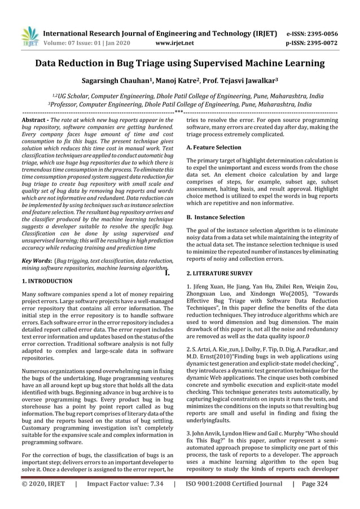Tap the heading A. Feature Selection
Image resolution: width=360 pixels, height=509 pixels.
[x=214, y=147]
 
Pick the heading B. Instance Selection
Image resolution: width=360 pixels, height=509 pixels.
[x=215, y=217]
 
